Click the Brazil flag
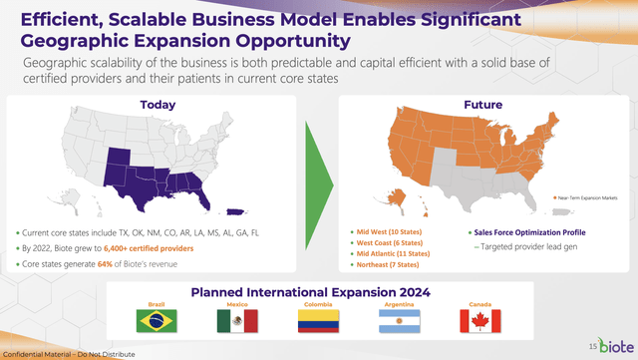tap(156, 320)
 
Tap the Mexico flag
tap(237, 320)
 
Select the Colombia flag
tap(319, 320)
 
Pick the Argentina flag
tap(400, 320)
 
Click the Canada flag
tap(480, 320)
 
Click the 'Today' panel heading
tap(159, 105)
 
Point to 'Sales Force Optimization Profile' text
tap(528, 231)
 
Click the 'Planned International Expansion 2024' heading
tap(320, 291)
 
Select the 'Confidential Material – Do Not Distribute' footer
tap(68, 354)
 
